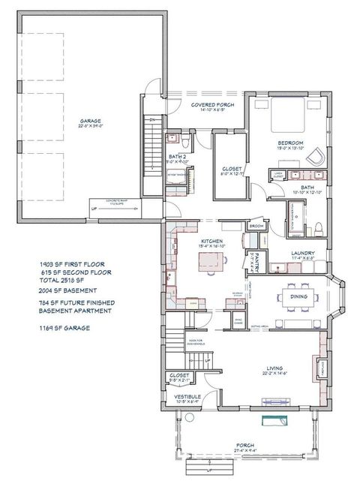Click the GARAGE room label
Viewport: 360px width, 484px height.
coord(91,121)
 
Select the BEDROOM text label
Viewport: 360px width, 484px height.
coord(289,142)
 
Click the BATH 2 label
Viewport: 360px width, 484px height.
coord(178,157)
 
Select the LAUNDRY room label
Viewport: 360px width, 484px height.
coord(302,254)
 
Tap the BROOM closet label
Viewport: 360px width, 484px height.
coord(255,225)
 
